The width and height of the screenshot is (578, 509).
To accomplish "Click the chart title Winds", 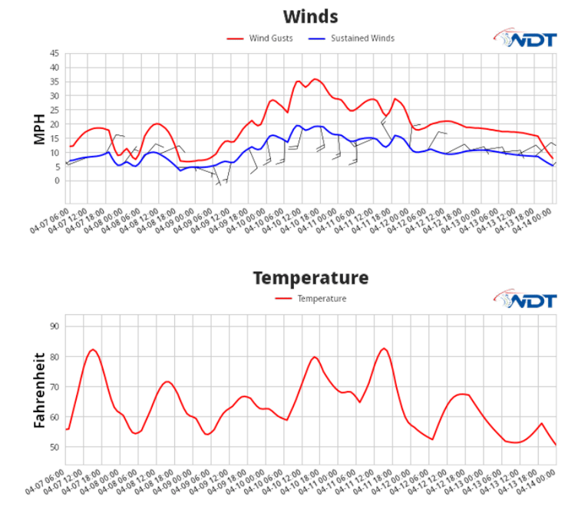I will point(310,16).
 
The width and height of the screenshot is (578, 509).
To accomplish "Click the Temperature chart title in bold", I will point(310,277).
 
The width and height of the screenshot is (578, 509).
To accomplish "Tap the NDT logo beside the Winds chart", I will point(524,38).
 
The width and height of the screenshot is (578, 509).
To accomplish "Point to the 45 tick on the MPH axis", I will point(54,54).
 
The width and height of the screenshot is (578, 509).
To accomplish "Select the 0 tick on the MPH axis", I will point(57,181).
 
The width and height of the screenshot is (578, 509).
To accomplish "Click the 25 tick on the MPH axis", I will point(54,96).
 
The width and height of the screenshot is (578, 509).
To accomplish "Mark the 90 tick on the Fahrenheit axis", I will point(54,326).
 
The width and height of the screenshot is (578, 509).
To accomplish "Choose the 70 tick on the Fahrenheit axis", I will point(54,387).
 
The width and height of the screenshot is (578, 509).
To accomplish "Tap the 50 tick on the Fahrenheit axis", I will point(54,448).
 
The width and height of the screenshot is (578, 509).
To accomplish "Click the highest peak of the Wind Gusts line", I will point(314,78).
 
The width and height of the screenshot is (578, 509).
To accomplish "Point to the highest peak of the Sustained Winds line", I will point(298,125).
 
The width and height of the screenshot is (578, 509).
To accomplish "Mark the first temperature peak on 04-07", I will point(92,349).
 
